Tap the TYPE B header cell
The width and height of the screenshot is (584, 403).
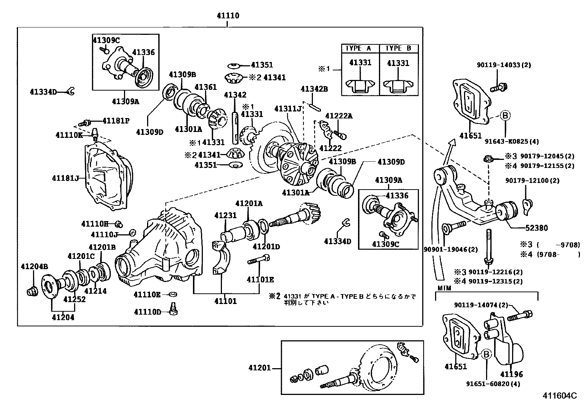(398, 48)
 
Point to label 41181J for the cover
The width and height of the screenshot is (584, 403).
(66, 178)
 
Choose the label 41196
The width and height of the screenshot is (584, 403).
(511, 374)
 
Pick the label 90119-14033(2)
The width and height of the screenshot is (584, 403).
(504, 65)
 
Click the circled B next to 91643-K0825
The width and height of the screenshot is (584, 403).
(505, 116)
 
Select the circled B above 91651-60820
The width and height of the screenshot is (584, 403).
(486, 354)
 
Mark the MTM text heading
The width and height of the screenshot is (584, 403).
(444, 288)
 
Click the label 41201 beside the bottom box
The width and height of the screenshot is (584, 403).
(259, 367)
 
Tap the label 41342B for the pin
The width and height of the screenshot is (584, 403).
(314, 89)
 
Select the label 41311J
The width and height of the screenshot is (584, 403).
(288, 109)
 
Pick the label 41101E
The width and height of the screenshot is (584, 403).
(260, 279)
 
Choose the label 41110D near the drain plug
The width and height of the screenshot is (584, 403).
(147, 312)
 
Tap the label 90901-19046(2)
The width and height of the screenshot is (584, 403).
(450, 249)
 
